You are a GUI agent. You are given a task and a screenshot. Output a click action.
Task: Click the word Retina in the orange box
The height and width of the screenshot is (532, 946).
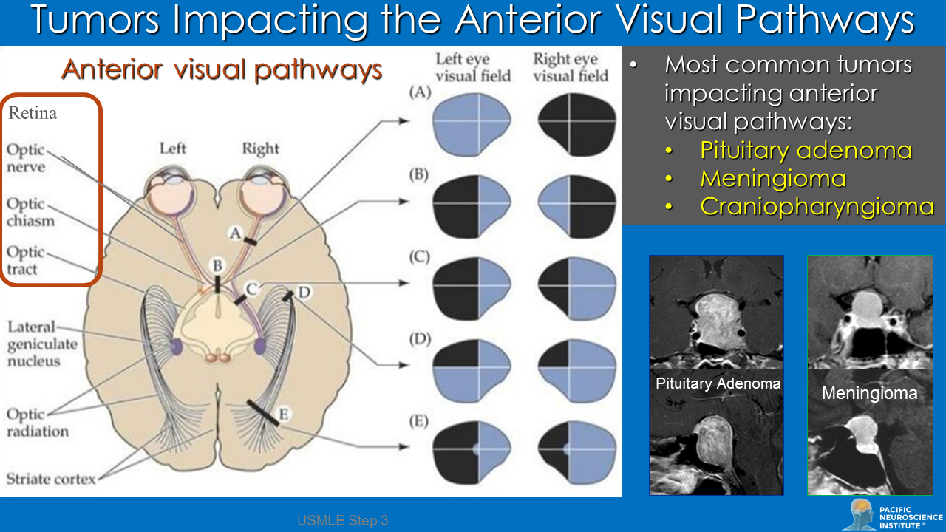(33, 114)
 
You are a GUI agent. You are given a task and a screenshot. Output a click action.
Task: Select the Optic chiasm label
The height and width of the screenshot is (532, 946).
(30, 212)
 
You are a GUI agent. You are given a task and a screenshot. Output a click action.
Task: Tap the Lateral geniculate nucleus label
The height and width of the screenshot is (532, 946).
(43, 344)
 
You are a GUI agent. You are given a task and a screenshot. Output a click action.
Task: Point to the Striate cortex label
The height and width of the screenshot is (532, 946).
(51, 479)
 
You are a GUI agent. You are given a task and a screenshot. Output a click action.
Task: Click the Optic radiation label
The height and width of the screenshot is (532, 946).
(38, 423)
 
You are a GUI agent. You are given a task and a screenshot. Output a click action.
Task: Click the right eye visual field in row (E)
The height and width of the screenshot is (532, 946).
(577, 449)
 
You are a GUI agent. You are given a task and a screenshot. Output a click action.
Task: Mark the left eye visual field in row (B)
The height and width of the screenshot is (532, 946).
(471, 202)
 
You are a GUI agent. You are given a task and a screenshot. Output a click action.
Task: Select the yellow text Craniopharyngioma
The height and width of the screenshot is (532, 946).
(817, 206)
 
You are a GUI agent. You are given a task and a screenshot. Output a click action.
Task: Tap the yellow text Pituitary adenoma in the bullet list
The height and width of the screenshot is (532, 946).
(806, 151)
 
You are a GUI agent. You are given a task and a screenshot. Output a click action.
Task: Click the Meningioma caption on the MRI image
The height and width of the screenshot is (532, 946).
(869, 393)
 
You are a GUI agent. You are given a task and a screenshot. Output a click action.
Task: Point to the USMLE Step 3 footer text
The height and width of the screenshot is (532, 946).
(343, 521)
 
